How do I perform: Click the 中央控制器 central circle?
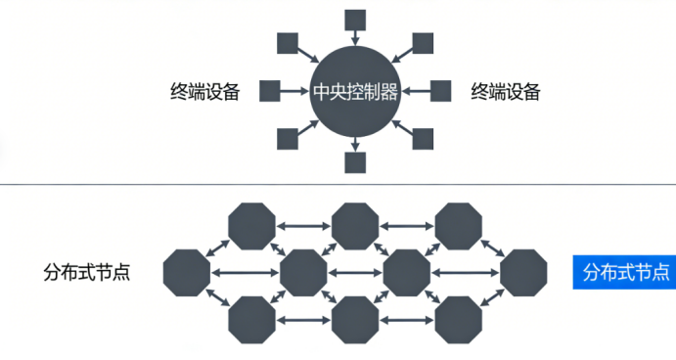(355, 92)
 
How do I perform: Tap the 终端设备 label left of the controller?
(204, 92)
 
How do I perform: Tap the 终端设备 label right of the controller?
(506, 92)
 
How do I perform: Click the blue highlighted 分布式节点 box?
(623, 272)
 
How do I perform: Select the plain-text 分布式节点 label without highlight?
(87, 272)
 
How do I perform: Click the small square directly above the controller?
(356, 20)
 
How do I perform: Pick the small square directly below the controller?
(356, 162)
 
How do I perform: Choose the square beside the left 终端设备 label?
(270, 92)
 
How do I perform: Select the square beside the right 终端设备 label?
(441, 92)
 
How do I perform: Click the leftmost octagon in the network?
(188, 272)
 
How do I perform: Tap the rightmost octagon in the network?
(523, 272)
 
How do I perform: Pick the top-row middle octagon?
(355, 226)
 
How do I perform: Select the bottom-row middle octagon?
(355, 318)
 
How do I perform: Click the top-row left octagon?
(251, 226)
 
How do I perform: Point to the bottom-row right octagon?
(459, 318)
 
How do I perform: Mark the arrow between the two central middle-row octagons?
(355, 272)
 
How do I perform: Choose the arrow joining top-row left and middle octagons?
(303, 226)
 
